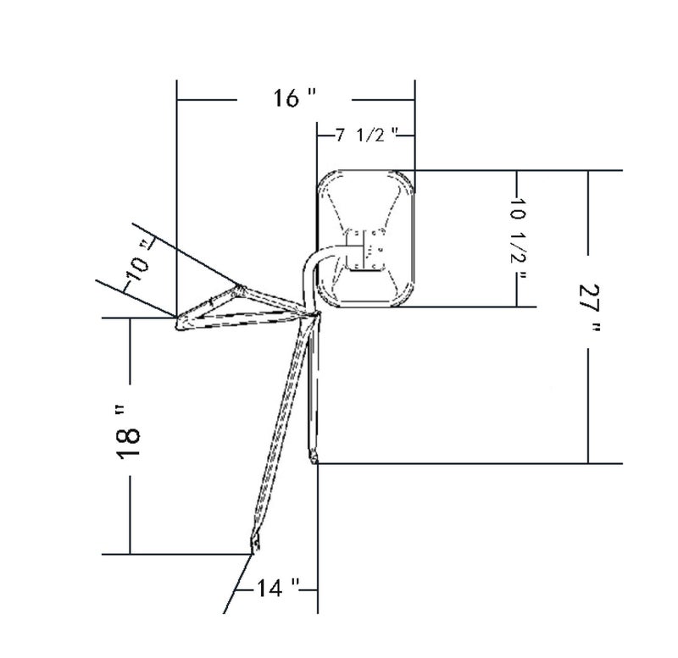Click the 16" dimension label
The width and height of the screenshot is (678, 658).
(x=294, y=97)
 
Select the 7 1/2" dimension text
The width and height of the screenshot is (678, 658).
(x=367, y=135)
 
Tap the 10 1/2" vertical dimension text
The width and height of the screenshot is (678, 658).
(x=518, y=239)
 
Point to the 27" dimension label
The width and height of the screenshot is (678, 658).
(x=589, y=307)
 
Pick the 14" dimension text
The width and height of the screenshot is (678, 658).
(x=278, y=588)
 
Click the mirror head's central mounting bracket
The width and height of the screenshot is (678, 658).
(x=364, y=250)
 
